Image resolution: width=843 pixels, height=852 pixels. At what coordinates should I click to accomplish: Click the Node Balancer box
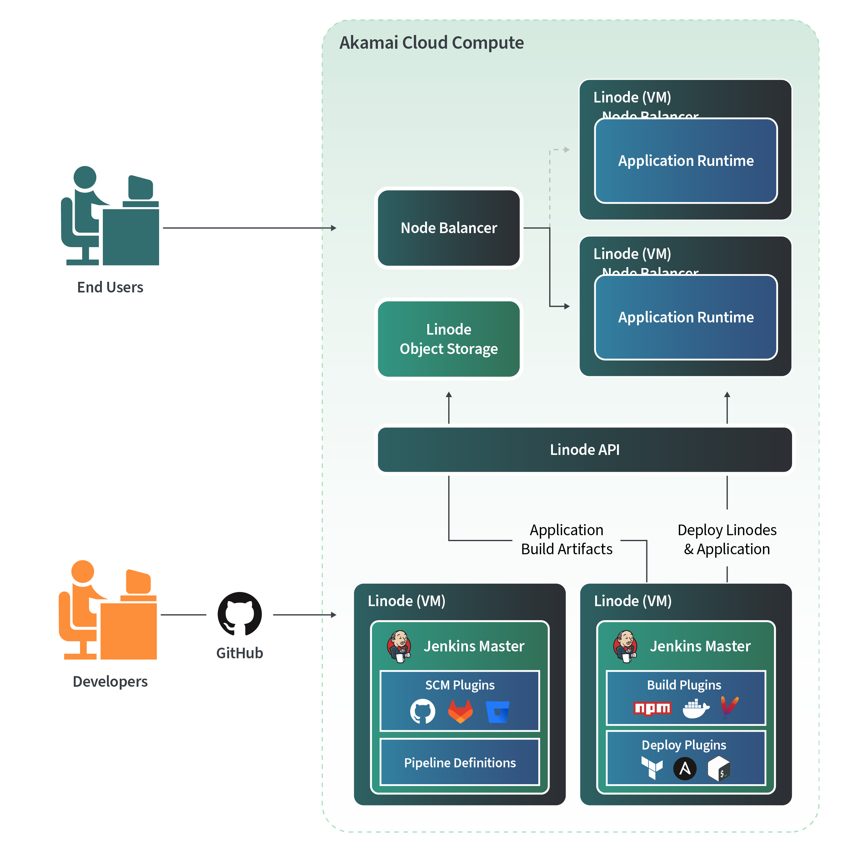click(x=448, y=228)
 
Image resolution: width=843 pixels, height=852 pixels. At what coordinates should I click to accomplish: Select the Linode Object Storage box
click(x=448, y=339)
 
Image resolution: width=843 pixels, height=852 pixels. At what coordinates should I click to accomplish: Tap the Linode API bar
click(x=584, y=449)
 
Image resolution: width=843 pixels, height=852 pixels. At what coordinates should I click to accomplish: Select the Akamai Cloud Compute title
click(x=431, y=43)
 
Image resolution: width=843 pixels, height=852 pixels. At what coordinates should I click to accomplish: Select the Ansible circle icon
click(x=684, y=769)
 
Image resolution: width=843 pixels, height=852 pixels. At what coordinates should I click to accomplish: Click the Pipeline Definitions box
click(x=460, y=762)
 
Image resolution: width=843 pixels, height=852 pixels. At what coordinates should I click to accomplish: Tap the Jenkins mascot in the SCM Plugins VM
click(x=399, y=646)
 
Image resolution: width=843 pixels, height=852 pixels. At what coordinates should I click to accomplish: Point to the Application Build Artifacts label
click(x=566, y=539)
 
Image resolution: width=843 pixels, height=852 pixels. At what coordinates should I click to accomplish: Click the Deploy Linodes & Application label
click(x=726, y=539)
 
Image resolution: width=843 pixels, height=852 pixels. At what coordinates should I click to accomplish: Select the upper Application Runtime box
click(x=685, y=161)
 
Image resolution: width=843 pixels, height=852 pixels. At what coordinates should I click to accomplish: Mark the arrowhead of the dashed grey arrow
click(x=567, y=150)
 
